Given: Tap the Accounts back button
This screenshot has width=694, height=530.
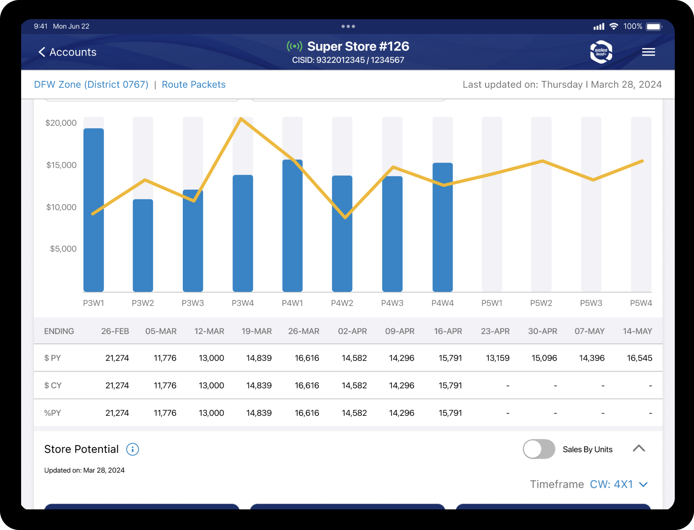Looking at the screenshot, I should [x=67, y=52].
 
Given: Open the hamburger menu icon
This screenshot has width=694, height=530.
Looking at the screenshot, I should [x=648, y=52].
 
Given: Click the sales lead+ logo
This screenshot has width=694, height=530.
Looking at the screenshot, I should [x=601, y=52].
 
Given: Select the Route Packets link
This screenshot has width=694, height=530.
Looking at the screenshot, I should [x=193, y=84].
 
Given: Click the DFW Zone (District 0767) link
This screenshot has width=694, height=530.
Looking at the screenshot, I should [x=91, y=84].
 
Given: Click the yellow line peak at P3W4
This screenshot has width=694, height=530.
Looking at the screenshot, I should [x=241, y=119].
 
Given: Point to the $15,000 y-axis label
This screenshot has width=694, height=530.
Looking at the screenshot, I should [x=61, y=165].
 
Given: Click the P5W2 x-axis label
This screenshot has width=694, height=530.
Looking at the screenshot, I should [x=541, y=303].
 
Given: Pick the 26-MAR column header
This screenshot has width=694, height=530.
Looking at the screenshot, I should [x=303, y=331].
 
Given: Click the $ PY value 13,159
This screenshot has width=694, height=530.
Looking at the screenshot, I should [x=497, y=358].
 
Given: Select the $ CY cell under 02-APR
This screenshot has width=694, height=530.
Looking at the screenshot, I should [x=354, y=385].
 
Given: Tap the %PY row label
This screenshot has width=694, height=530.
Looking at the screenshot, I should [x=52, y=413].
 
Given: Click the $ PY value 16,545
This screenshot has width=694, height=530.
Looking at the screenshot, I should [x=639, y=358].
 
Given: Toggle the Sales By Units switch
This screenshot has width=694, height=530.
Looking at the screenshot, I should [x=539, y=449].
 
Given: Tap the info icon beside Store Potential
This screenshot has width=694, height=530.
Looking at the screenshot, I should [x=133, y=449].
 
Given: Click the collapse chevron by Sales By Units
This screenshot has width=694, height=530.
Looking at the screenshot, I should [x=639, y=448].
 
